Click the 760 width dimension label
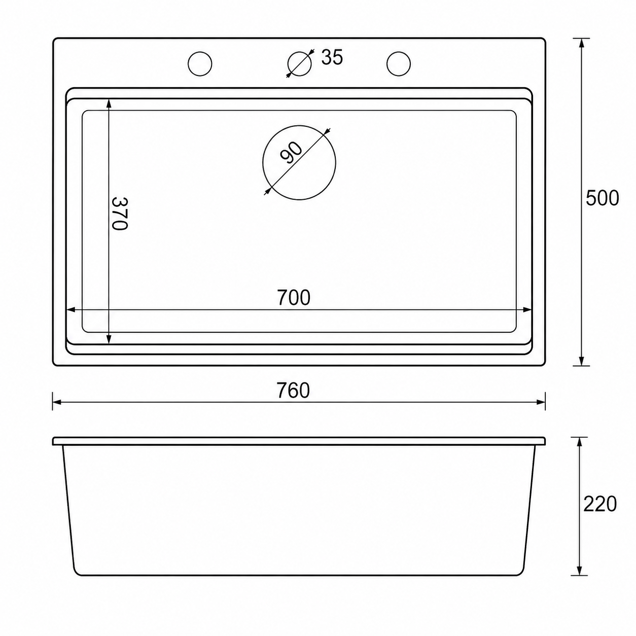tap(293, 391)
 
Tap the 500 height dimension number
tap(602, 198)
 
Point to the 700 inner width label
tap(294, 297)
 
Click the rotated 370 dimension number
tap(119, 214)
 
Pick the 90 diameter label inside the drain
tap(291, 153)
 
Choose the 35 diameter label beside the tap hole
tap(332, 57)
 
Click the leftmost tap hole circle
tap(200, 64)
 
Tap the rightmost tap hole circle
tap(399, 64)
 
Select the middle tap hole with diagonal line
tap(299, 64)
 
